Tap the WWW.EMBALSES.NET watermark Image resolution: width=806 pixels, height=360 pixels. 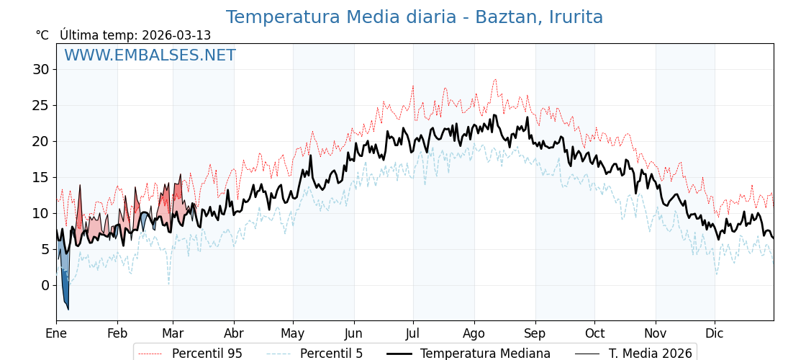tap(150, 55)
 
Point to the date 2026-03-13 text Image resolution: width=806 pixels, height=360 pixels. tap(176, 35)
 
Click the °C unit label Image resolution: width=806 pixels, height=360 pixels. tap(42, 35)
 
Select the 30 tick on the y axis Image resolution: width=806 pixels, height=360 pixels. tap(40, 70)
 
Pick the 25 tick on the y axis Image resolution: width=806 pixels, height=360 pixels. tap(40, 106)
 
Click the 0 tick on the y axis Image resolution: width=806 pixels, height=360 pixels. tap(45, 286)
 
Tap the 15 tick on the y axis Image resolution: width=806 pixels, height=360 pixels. tap(40, 178)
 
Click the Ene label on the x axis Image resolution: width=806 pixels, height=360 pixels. tap(56, 333)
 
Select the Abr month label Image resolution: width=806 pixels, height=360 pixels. tap(234, 333)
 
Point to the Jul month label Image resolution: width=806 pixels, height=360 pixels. tap(413, 333)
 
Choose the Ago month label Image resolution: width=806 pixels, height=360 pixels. tap(474, 333)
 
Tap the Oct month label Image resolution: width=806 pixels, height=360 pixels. tap(594, 333)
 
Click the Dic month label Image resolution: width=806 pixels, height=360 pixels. tap(715, 333)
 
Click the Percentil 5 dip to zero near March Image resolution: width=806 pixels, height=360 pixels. tap(169, 282)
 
